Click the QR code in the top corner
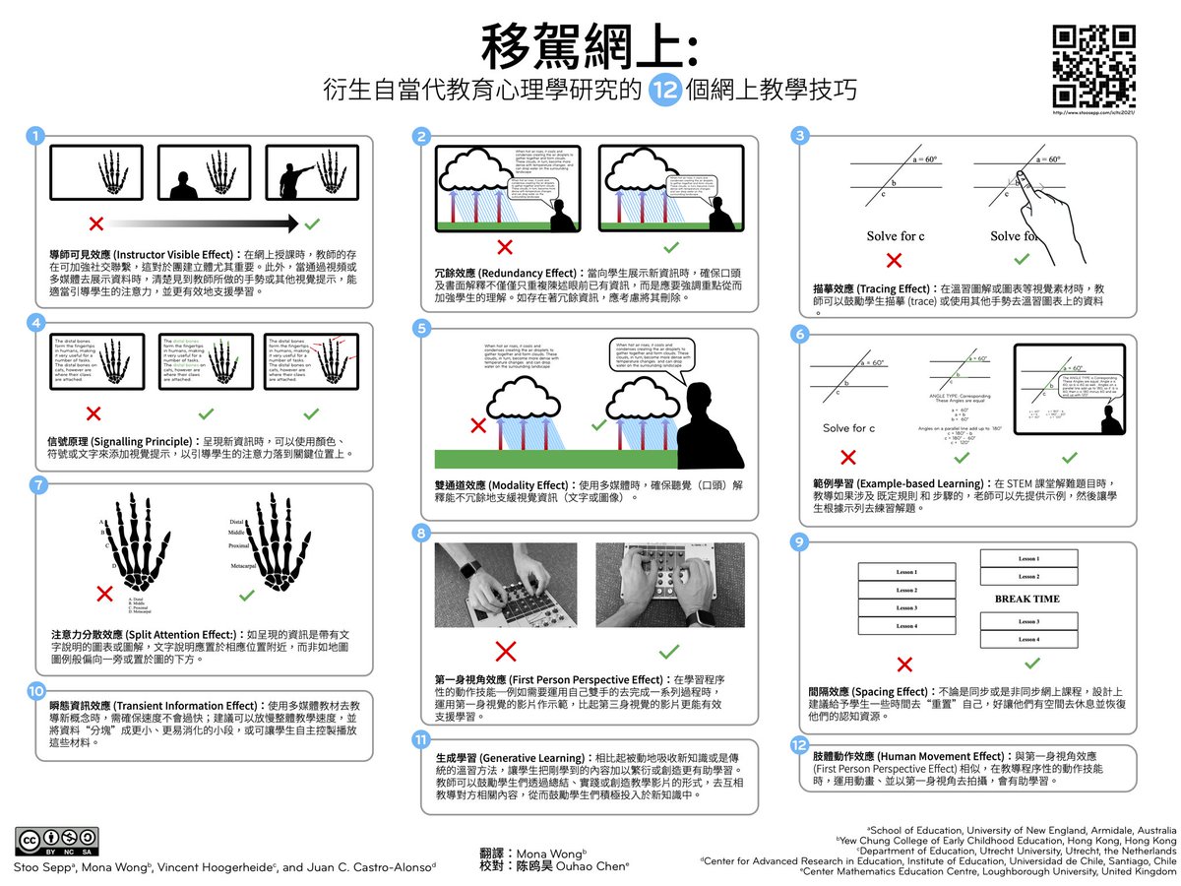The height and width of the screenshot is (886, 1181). (x=1094, y=66)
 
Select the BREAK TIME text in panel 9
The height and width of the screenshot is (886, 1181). (x=1027, y=599)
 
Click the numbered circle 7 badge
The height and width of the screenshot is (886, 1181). (x=37, y=484)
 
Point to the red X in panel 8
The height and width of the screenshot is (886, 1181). (x=505, y=651)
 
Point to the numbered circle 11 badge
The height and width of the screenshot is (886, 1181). (x=421, y=740)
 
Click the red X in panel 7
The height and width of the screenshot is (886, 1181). (x=104, y=593)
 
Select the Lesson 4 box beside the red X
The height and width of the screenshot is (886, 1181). (x=906, y=625)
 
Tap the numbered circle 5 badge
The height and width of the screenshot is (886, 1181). (x=421, y=329)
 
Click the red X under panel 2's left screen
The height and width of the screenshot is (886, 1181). (x=505, y=246)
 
